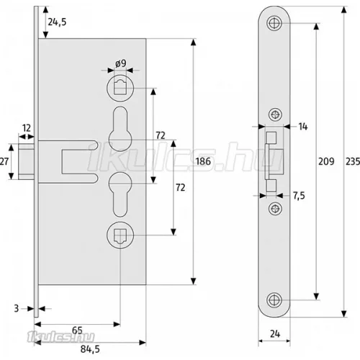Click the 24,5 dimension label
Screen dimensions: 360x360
[57, 22]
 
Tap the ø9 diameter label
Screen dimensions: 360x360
[120, 63]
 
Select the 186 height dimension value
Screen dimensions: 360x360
[203, 161]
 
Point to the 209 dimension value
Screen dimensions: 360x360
[326, 161]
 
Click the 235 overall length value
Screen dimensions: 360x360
[353, 161]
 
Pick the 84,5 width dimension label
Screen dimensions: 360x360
[90, 349]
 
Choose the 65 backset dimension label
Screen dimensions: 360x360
[77, 330]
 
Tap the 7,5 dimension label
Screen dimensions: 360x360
[299, 196]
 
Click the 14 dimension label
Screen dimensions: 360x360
[303, 127]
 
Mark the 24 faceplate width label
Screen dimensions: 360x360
[275, 334]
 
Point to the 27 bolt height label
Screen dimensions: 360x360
[4, 161]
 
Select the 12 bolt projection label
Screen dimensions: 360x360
[27, 128]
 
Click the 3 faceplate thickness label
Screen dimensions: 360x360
[17, 308]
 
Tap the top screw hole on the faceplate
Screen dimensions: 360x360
[274, 23]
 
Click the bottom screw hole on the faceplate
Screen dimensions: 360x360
[274, 300]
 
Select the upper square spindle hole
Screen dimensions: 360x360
[120, 88]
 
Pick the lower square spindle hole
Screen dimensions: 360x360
[120, 235]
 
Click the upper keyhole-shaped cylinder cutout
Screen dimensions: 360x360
[120, 129]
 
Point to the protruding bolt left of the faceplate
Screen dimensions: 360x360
[26, 161]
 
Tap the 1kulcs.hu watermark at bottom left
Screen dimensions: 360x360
[61, 337]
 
